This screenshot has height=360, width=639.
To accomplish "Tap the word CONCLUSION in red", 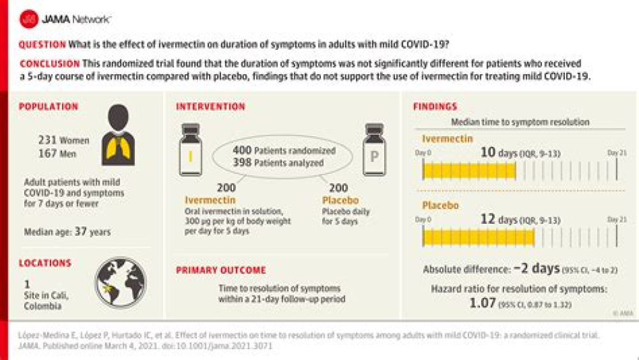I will pyautogui.click(x=50, y=64).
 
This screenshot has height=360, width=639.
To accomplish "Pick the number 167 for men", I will pyautogui.click(x=48, y=153).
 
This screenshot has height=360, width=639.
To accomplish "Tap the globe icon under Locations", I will pyautogui.click(x=120, y=282).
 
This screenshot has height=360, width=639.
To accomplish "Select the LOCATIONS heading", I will pyautogui.click(x=45, y=263).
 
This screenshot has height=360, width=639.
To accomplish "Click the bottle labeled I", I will pyautogui.click(x=191, y=150).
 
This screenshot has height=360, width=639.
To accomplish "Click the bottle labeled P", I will pyautogui.click(x=374, y=150).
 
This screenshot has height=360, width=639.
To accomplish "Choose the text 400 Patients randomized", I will pyautogui.click(x=285, y=150).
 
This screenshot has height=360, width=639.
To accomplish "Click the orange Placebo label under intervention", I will pyautogui.click(x=336, y=199).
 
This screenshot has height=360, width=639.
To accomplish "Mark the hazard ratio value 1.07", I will pyautogui.click(x=483, y=303).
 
